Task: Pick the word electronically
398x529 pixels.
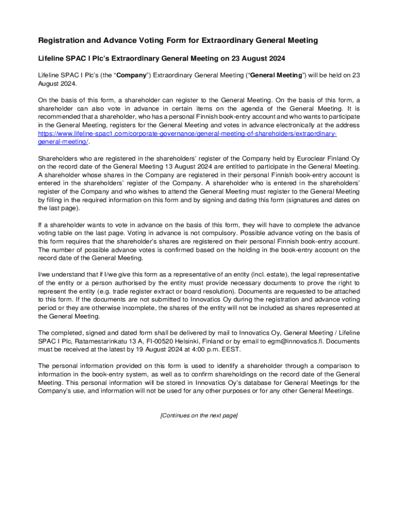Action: (x=292, y=126)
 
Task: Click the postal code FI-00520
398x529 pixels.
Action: (x=160, y=341)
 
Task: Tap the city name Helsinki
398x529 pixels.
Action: (x=192, y=341)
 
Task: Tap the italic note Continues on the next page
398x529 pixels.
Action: (x=199, y=415)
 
